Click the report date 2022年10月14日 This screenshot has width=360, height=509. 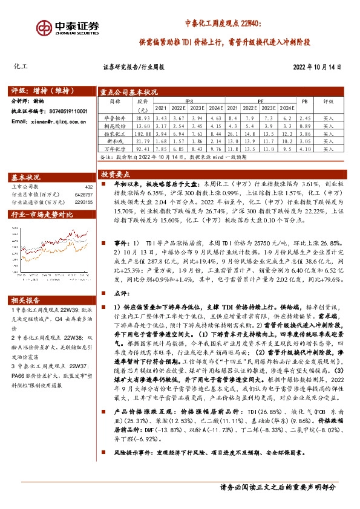click(316, 68)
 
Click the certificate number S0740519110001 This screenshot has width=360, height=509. click(67, 111)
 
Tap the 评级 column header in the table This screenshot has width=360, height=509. click(328, 102)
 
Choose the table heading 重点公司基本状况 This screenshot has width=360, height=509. click(128, 92)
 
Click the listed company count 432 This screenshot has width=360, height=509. click(88, 187)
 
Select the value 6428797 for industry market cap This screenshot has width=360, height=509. click(83, 194)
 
